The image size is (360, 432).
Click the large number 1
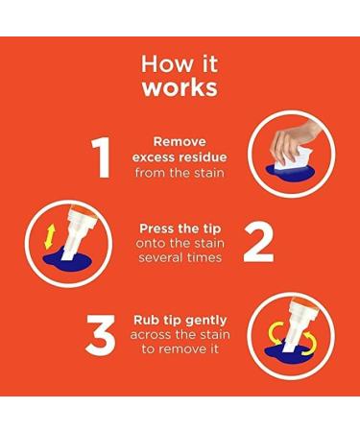tap(102, 157)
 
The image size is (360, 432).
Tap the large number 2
tap(258, 243)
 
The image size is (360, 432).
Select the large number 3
tap(100, 335)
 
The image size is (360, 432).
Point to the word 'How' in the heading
tap(160, 63)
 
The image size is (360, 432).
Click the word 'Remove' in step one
tap(180, 141)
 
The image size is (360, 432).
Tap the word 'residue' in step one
tap(203, 157)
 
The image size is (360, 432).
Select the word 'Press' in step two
tap(156, 228)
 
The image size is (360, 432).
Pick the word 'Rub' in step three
tap(143, 320)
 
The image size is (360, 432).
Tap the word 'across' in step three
tap(151, 335)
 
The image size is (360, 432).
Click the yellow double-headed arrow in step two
tap(50, 237)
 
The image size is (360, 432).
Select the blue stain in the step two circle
tap(67, 263)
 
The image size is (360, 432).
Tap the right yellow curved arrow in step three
tap(310, 344)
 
